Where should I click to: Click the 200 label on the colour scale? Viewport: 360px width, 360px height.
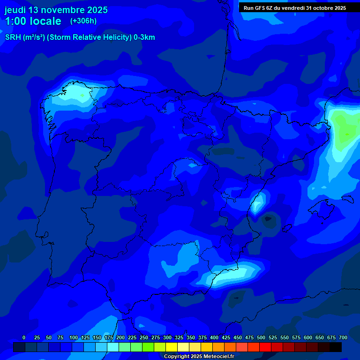(120, 337)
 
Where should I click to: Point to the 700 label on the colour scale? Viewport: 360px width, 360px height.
(343, 337)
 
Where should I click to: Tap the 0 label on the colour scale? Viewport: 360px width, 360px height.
(24, 337)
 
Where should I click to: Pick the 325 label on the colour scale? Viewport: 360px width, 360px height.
(179, 337)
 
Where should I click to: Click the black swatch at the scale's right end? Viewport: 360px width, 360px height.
(336, 347)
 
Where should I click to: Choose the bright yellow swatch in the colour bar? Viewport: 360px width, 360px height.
(172, 347)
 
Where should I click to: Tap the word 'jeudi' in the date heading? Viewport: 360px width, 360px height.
(15, 10)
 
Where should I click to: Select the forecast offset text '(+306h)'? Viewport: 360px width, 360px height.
(83, 21)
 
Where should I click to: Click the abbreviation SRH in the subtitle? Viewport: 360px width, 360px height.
(13, 37)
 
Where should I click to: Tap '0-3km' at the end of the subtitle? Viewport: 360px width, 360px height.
(144, 37)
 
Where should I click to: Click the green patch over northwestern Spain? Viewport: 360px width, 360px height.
(83, 96)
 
